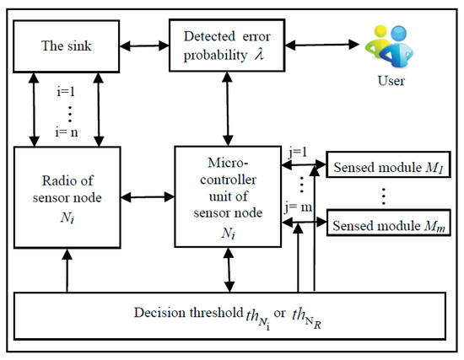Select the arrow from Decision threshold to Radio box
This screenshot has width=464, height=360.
(65, 269)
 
